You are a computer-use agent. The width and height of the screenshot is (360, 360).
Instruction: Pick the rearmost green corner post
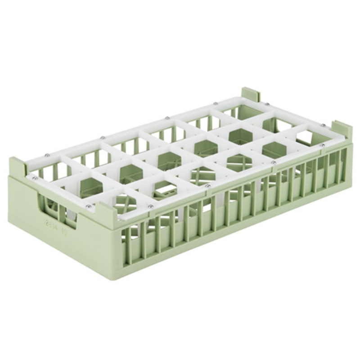click(251, 94)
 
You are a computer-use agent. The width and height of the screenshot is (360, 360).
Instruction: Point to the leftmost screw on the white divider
click(35, 178)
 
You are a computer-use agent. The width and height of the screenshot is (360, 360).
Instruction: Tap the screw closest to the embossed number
click(89, 207)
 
